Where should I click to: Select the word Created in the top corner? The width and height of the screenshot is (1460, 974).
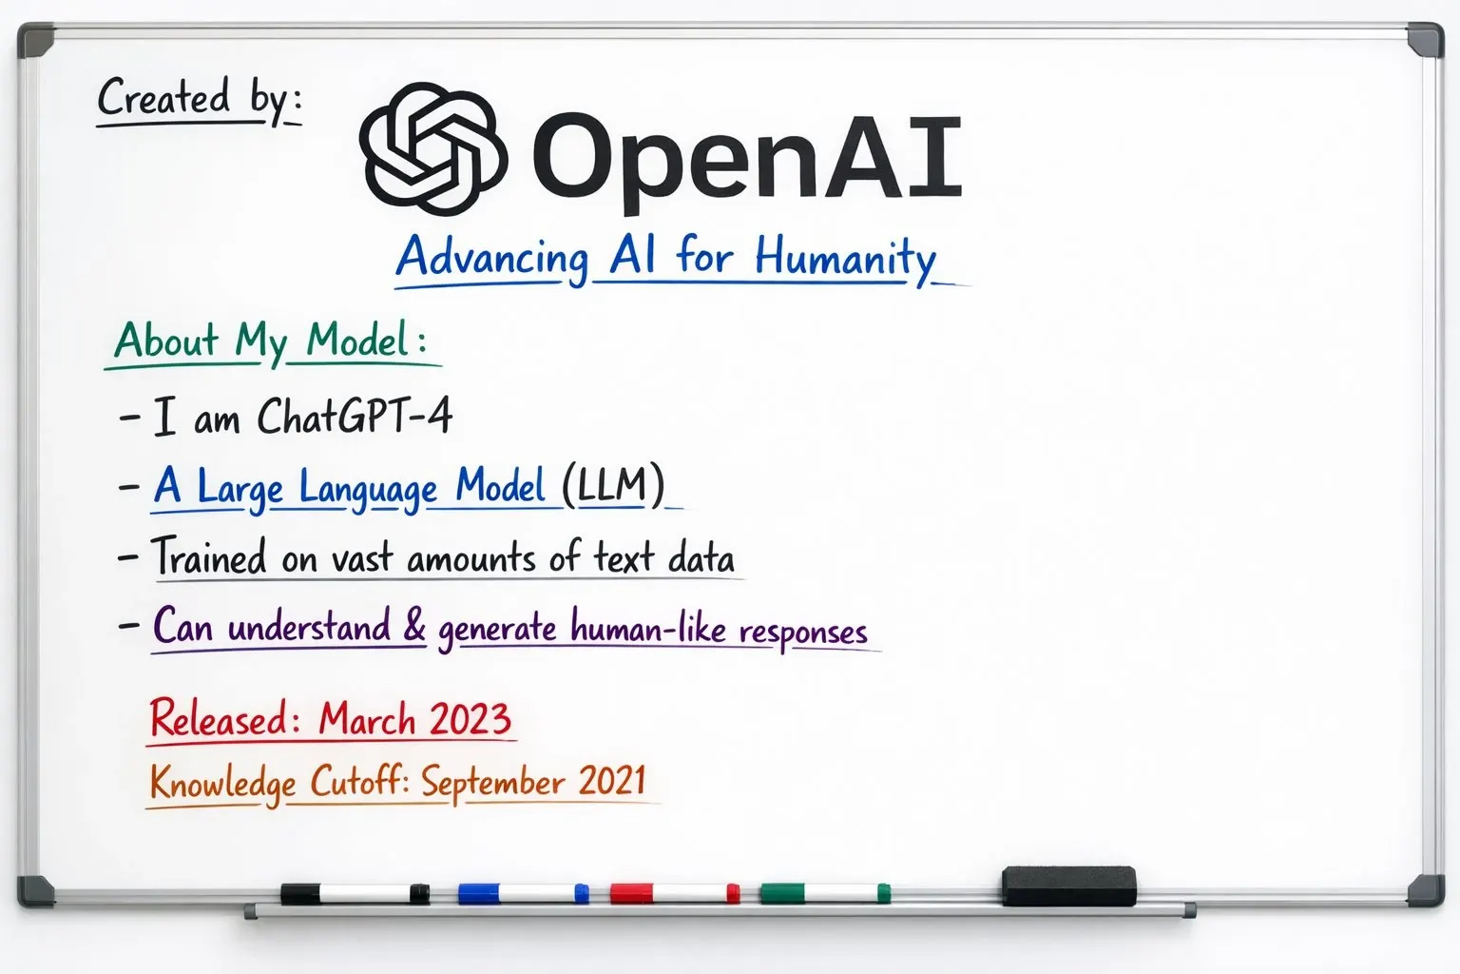(163, 98)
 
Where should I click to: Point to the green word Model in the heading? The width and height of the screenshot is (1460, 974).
(357, 341)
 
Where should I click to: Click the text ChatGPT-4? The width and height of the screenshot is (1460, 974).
(354, 417)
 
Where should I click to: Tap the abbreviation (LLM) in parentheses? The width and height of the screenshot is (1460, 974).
(612, 485)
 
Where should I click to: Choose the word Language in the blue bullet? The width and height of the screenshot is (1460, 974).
(368, 489)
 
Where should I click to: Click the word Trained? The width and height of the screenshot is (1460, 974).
(209, 557)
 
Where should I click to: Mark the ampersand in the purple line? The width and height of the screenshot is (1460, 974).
(414, 626)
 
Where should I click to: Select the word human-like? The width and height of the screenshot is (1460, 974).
(648, 629)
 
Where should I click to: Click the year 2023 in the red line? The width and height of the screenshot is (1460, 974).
(468, 719)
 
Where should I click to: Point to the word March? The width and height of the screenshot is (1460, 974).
(367, 720)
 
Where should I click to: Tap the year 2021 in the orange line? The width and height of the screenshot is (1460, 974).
(612, 781)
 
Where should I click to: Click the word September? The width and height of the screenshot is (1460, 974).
(493, 783)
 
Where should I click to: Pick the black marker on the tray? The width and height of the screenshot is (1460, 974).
(355, 893)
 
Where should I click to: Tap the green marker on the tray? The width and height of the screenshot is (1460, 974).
(824, 893)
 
